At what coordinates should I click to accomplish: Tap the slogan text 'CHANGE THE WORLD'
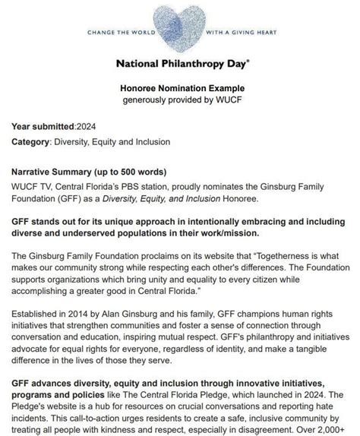tap(119, 33)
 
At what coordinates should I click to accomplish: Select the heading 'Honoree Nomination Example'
tap(180, 89)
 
